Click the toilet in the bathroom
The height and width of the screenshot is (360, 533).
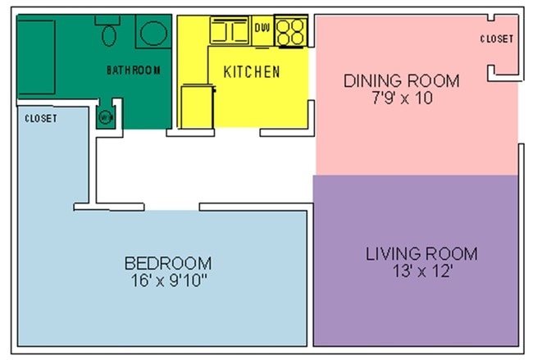(x=108, y=33)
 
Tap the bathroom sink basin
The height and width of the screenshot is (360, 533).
(x=152, y=34)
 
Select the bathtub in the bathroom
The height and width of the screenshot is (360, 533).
(x=36, y=57)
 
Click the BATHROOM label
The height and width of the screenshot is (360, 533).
(x=133, y=71)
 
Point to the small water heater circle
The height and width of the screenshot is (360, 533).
(x=105, y=117)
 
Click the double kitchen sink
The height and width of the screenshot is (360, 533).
(x=230, y=32)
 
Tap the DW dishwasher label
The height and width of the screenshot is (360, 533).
(x=262, y=29)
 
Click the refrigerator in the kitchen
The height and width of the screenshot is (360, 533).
(x=196, y=107)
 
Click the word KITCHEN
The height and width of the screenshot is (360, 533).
(x=252, y=72)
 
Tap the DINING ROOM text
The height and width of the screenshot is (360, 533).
(x=401, y=81)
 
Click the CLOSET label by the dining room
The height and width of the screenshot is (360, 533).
(x=496, y=39)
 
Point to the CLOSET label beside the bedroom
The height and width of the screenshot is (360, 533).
(x=41, y=119)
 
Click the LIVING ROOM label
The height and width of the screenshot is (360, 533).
(x=421, y=253)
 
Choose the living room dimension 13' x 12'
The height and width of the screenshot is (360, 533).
(x=421, y=270)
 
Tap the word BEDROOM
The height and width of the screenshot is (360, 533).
(x=168, y=263)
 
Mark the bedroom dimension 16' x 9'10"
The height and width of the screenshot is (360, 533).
(x=168, y=280)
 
